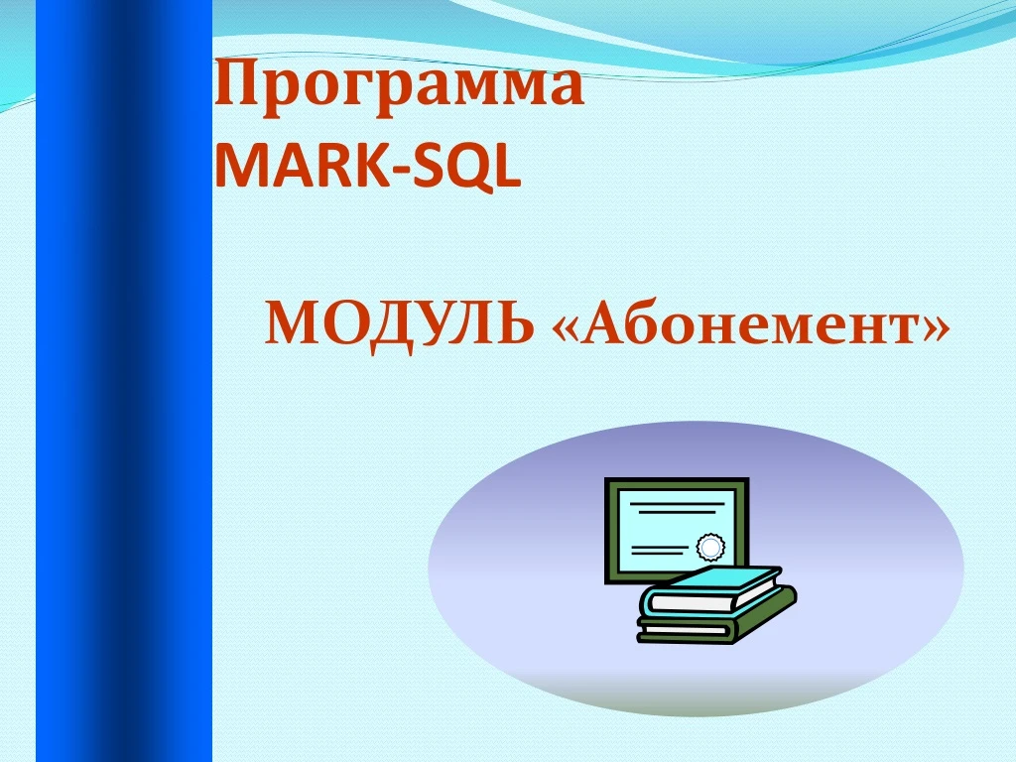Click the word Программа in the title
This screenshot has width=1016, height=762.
pyautogui.click(x=399, y=87)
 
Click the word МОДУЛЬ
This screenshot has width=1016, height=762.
pyautogui.click(x=400, y=324)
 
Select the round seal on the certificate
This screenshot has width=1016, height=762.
pyautogui.click(x=710, y=548)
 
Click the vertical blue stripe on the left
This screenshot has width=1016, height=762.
pyautogui.click(x=124, y=381)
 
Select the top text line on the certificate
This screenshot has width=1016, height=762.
pyautogui.click(x=677, y=503)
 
